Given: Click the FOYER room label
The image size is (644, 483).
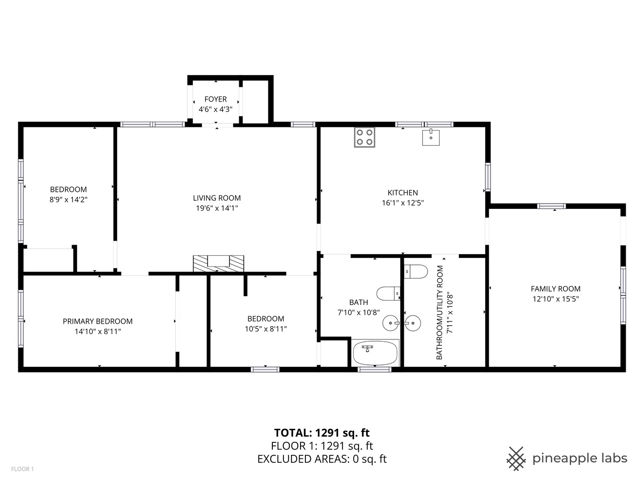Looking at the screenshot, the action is (x=216, y=99).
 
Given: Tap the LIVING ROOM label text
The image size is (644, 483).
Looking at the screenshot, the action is (x=217, y=198).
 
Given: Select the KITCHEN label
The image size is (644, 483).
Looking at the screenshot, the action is (x=402, y=193).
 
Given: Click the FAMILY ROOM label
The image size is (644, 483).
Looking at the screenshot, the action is (x=555, y=289).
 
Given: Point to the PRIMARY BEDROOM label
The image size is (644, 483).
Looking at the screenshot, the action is (x=97, y=321).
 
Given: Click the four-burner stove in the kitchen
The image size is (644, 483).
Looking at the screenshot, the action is (x=364, y=137).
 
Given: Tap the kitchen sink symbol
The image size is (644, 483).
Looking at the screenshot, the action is (x=431, y=137).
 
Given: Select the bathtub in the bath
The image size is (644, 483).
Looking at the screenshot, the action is (x=375, y=353).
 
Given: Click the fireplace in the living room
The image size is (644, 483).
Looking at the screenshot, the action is (x=218, y=263).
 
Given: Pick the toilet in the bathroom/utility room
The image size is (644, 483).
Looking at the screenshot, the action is (x=416, y=271).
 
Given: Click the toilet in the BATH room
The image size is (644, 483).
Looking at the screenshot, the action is (x=388, y=293).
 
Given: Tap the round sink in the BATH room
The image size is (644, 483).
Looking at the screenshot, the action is (x=391, y=323).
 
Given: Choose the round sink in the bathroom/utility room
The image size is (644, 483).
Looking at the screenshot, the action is (x=412, y=323).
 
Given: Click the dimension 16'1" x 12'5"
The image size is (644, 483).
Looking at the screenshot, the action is (x=402, y=203).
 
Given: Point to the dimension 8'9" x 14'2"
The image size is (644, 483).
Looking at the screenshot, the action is (x=68, y=199).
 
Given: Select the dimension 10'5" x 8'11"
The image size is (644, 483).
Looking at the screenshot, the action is (x=266, y=329).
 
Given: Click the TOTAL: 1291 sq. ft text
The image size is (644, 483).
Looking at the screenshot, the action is (x=322, y=433).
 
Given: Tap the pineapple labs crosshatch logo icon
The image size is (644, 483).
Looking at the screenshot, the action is (x=516, y=459).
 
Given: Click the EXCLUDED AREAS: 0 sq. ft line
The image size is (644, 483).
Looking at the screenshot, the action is (x=322, y=459).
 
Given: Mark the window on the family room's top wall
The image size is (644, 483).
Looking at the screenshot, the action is (x=551, y=206).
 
